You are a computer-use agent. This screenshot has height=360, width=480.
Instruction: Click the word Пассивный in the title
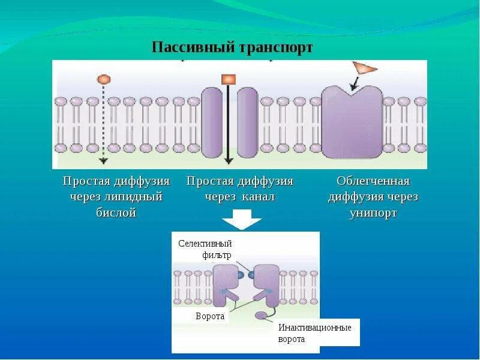[x=187, y=48]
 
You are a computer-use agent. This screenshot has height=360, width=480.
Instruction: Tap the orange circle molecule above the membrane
[x=103, y=79]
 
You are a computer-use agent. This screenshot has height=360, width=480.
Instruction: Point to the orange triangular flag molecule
[x=364, y=68]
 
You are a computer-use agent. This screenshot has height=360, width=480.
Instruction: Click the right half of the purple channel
[x=247, y=122]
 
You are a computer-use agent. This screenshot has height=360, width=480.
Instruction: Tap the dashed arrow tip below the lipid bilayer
[x=103, y=160]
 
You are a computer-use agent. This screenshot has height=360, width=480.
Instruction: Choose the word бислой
[x=116, y=212]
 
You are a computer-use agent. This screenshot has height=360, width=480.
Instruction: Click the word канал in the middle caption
[x=259, y=197]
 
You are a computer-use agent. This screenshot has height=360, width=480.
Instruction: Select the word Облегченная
[x=373, y=181]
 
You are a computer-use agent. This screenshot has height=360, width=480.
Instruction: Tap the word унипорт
[x=373, y=212]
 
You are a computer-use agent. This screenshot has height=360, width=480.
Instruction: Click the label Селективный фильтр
[x=205, y=249]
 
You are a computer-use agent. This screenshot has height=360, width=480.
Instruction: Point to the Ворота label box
[x=210, y=316]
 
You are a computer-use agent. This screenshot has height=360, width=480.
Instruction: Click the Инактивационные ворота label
[x=314, y=333]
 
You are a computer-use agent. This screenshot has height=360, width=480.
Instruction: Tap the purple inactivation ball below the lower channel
[x=261, y=316]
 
